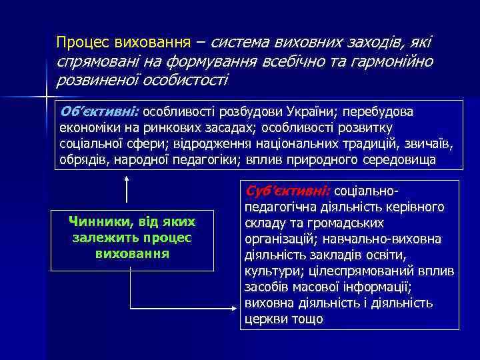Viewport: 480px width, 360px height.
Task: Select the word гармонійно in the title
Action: point(399,61)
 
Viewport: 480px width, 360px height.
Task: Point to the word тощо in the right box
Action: point(308,319)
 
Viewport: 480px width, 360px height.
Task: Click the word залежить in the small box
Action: point(97,238)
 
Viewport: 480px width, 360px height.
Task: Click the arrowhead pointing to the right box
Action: point(234,309)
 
